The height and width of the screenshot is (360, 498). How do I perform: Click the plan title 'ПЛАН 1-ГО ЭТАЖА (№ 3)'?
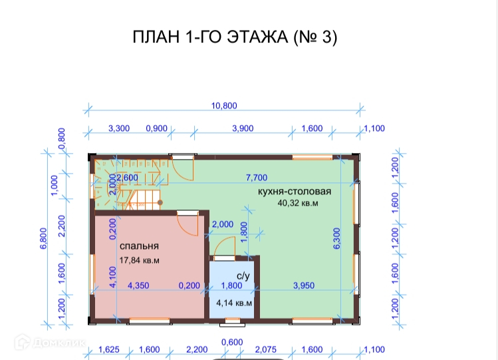click(x=235, y=38)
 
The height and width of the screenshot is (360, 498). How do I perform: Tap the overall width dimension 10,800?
click(x=223, y=105)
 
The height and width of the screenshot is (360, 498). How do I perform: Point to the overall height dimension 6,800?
click(x=43, y=238)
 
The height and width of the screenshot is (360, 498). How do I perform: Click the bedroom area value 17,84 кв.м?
click(x=140, y=260)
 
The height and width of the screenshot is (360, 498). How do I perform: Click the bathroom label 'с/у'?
click(x=243, y=275)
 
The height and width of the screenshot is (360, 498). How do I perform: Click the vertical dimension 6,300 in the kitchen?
click(x=336, y=238)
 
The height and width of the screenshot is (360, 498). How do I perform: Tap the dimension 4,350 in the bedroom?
click(x=138, y=286)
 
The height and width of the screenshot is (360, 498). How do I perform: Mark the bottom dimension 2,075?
click(x=265, y=349)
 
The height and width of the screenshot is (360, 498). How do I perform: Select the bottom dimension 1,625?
click(x=109, y=349)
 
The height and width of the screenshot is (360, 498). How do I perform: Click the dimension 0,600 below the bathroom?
click(x=231, y=341)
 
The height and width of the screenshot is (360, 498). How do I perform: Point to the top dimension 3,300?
click(x=118, y=128)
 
